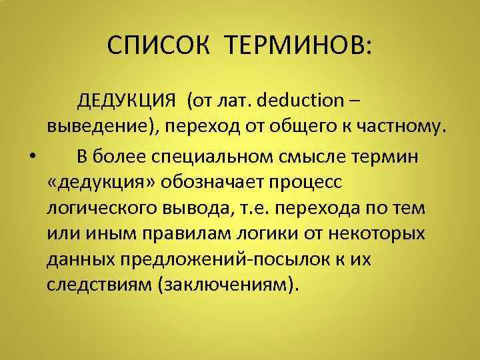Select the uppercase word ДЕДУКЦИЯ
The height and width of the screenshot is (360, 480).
click(127, 102)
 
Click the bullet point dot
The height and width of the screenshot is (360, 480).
click(33, 157)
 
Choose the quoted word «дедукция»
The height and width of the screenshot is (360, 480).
click(103, 182)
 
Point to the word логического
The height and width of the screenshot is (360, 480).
click(101, 209)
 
